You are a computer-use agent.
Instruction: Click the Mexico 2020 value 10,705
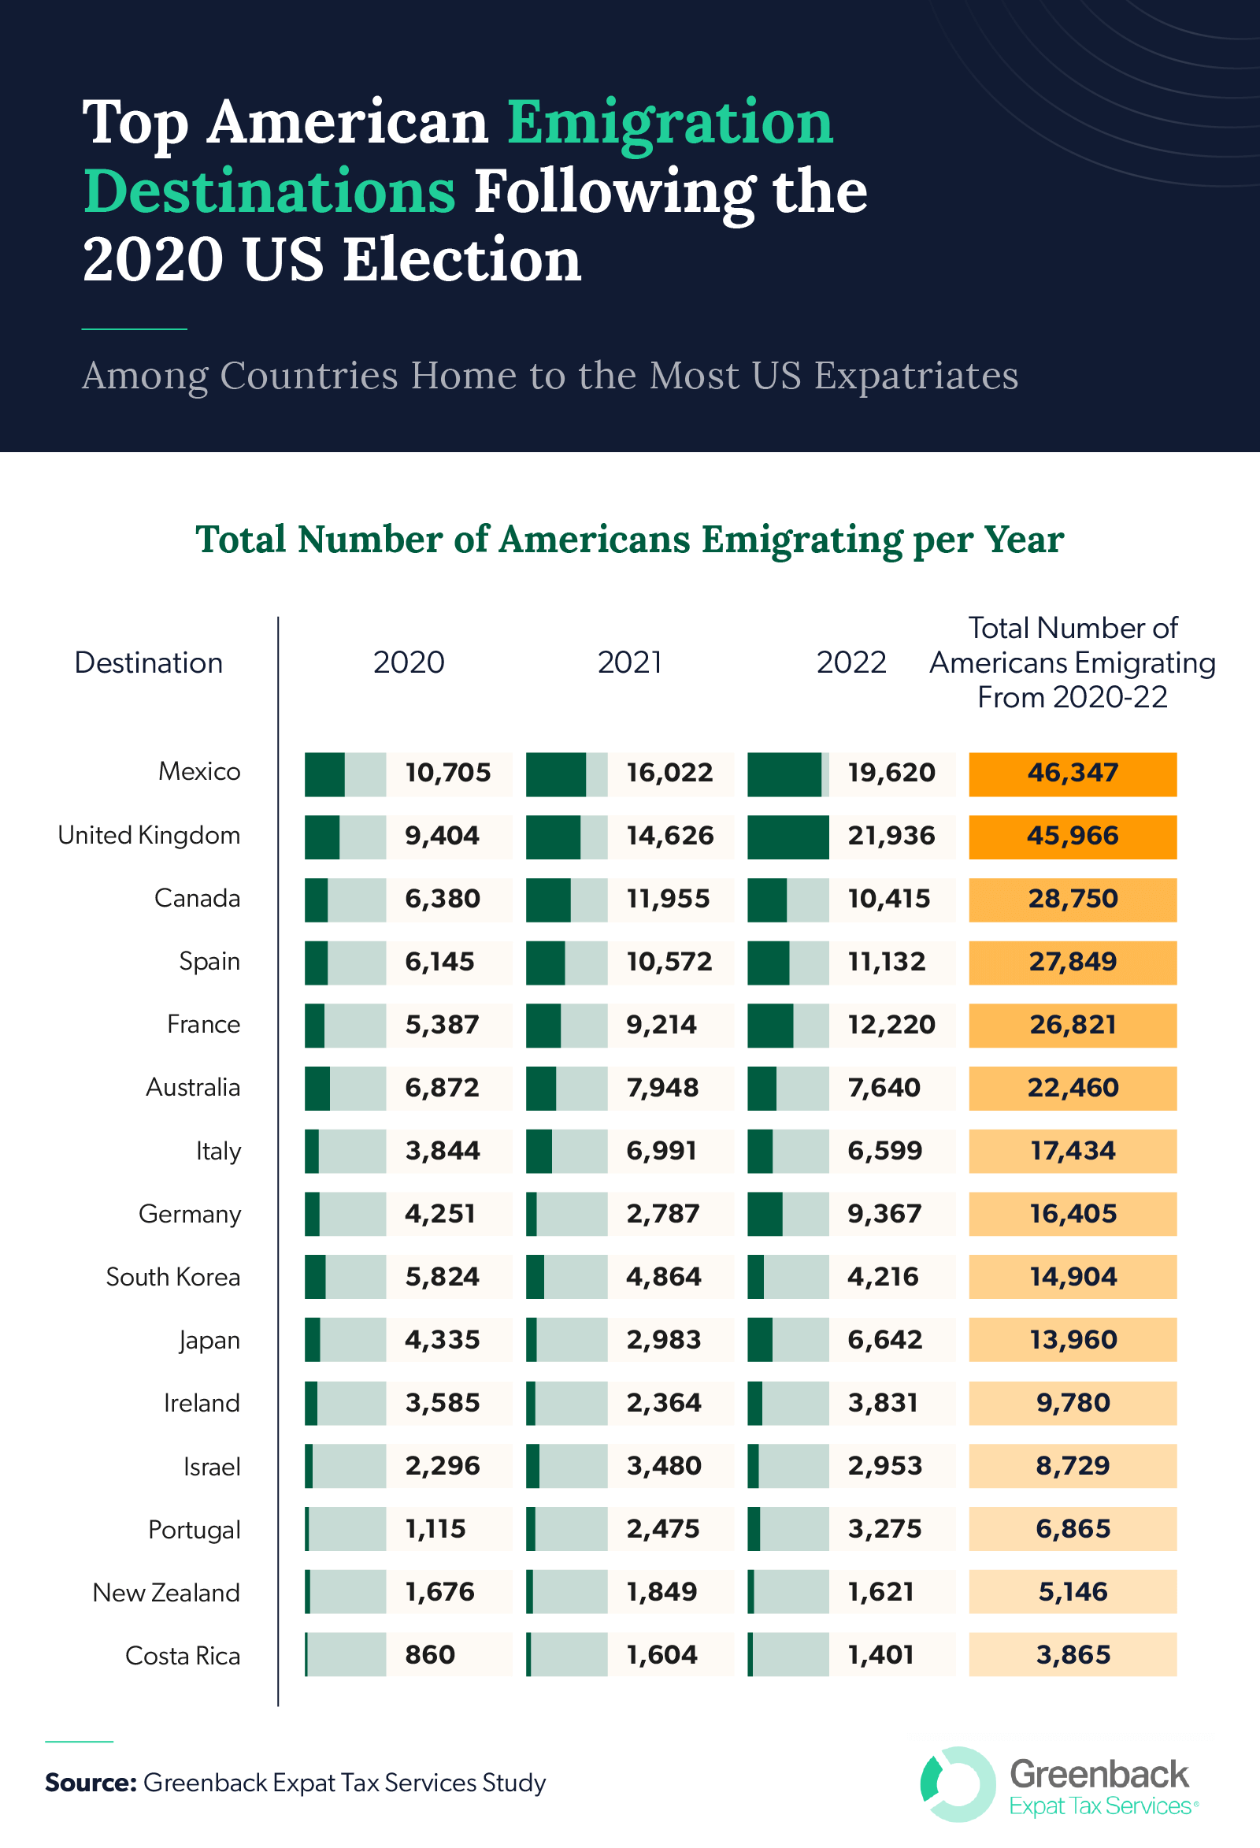coord(447,773)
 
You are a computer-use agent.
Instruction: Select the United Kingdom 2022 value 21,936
coord(891,836)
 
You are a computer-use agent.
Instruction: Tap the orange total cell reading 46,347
coord(1072,773)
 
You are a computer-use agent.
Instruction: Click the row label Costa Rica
coord(183,1657)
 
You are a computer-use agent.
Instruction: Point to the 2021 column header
coord(629,662)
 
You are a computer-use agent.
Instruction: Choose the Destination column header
coord(149,662)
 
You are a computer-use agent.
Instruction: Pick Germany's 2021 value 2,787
coord(663,1214)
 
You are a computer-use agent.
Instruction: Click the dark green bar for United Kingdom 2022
coord(787,837)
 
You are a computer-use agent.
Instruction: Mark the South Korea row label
coord(173,1277)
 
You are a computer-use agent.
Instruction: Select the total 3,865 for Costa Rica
coord(1072,1656)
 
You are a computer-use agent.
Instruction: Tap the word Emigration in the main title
coord(669,123)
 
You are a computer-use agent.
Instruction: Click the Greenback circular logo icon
coord(957,1784)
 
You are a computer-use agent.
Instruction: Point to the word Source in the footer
coord(90,1783)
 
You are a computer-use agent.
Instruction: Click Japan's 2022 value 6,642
coord(885,1340)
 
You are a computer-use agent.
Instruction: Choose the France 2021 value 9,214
coord(661,1025)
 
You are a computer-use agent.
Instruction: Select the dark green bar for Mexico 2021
coord(556,774)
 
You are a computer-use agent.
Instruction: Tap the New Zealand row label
coord(166,1593)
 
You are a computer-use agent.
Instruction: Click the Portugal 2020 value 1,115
coord(435,1529)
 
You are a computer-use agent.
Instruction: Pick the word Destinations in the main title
coord(269,191)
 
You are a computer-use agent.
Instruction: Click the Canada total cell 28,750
coord(1072,900)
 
